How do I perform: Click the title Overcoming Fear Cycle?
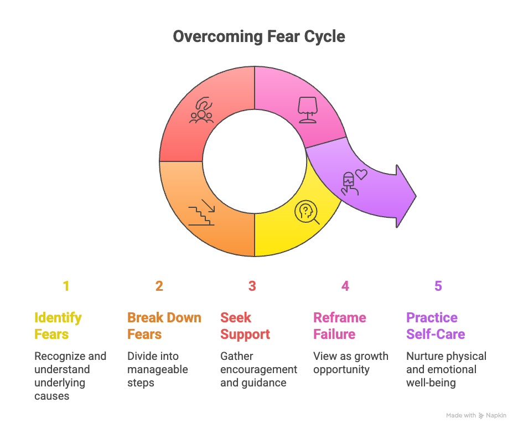coord(258,36)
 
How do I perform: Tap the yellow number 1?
coord(66,286)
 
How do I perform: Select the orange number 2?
coord(159,286)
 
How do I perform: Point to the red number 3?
coord(252,286)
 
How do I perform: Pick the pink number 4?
coord(345,286)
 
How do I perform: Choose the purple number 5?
coord(438,286)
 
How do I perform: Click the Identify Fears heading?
coord(58,326)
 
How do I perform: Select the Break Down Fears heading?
coord(164,326)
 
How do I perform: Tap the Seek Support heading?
coord(245,326)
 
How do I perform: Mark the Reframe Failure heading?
coord(340,326)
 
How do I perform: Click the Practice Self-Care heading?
coord(436,326)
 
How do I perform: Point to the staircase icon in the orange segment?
coord(201,212)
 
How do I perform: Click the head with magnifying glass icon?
coord(308,213)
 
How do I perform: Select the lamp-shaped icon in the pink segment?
coord(308,109)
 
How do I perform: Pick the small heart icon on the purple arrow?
coord(361,175)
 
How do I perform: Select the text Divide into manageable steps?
coord(157,369)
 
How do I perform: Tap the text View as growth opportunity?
coord(351,363)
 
